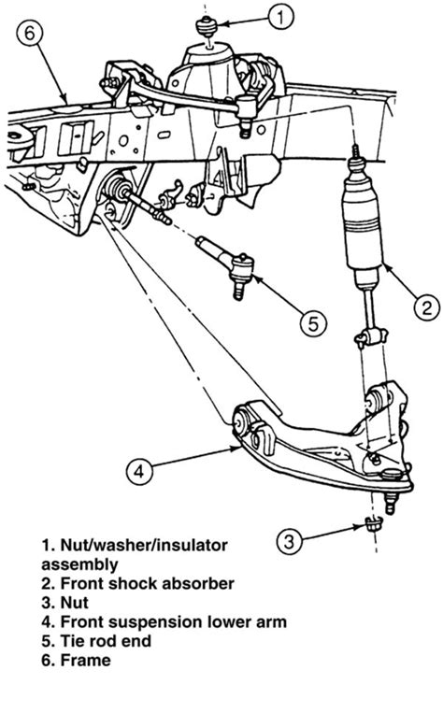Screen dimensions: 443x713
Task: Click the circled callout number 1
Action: click(280, 17)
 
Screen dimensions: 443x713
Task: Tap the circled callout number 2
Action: click(426, 307)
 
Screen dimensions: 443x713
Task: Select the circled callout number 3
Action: click(290, 541)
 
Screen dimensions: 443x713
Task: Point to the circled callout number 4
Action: click(139, 471)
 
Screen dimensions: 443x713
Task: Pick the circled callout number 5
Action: click(313, 323)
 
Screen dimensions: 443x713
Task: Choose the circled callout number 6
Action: click(30, 33)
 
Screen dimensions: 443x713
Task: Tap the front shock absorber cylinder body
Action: click(363, 228)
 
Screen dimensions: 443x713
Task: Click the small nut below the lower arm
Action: click(373, 524)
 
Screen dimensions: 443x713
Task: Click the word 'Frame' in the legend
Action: click(85, 661)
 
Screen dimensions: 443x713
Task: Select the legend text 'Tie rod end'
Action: click(106, 641)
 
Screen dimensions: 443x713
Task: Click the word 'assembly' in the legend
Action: click(79, 565)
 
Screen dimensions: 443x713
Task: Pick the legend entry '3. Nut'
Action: click(65, 603)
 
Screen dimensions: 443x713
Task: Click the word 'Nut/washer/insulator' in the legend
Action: click(144, 545)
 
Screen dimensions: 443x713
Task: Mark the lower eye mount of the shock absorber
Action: click(372, 337)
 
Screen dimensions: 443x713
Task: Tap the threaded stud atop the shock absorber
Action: click(356, 152)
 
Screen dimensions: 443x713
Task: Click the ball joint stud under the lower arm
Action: click(391, 501)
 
